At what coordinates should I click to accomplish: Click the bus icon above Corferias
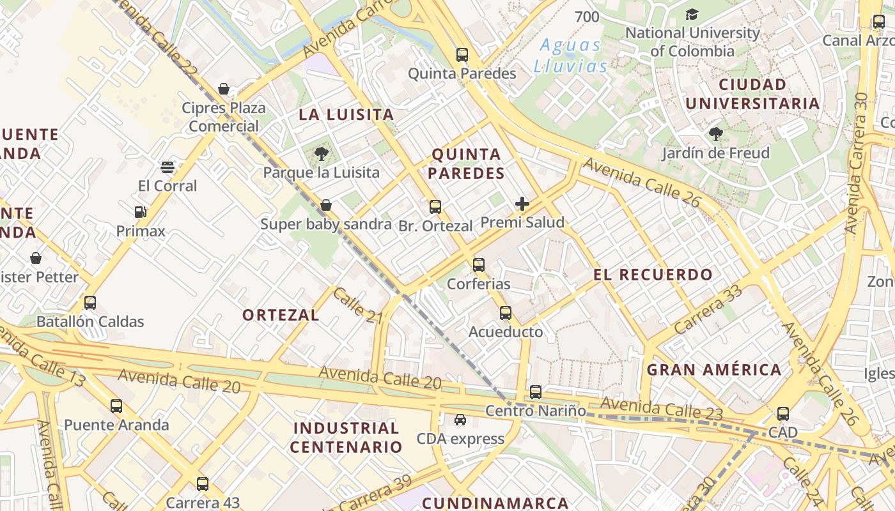(479, 264)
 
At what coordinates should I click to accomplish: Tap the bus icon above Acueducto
(506, 313)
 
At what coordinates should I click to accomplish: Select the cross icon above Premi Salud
(522, 204)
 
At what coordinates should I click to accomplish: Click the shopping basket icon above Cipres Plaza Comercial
(224, 89)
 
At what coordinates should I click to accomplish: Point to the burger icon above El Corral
(167, 167)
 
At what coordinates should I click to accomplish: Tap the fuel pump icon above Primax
(141, 212)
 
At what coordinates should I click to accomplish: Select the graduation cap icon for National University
(692, 14)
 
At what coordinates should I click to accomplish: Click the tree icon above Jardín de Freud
(715, 134)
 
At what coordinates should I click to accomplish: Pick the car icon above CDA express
(460, 420)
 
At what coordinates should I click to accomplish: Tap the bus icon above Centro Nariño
(536, 392)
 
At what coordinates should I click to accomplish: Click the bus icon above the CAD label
(783, 414)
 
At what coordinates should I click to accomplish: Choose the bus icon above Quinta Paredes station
(462, 55)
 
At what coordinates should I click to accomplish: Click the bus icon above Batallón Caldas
(90, 303)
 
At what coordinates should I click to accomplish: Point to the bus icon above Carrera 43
(203, 484)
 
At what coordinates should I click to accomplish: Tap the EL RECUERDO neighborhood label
(653, 275)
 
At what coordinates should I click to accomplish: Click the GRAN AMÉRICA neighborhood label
(714, 370)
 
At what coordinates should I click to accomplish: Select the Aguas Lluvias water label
(571, 56)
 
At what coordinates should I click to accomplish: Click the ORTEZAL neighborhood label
(281, 315)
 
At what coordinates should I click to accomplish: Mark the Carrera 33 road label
(708, 309)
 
